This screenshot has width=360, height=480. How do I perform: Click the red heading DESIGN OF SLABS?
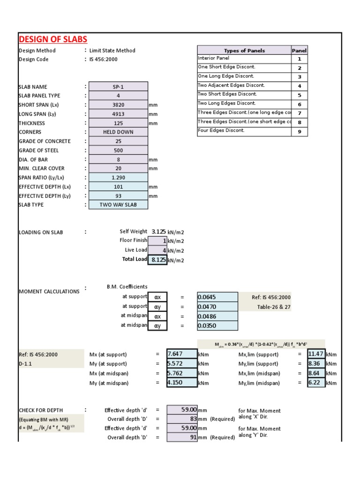click(52, 39)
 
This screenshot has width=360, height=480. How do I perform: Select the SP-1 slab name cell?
click(118, 87)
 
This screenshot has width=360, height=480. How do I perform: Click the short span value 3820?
click(118, 105)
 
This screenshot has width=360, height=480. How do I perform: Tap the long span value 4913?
click(118, 114)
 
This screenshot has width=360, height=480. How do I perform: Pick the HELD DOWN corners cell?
click(118, 132)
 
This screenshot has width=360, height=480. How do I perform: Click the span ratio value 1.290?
click(118, 178)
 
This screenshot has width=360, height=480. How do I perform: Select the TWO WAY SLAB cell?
click(118, 205)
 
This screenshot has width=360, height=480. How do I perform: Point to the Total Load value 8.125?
click(158, 260)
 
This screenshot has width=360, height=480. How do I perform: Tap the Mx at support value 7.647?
click(182, 354)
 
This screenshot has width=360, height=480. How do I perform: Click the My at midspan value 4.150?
click(182, 383)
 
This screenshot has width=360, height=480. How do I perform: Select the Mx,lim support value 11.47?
click(316, 354)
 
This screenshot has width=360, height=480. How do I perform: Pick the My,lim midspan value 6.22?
click(316, 383)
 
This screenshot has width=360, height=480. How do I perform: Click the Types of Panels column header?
click(244, 51)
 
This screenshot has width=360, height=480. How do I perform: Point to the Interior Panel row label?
click(214, 58)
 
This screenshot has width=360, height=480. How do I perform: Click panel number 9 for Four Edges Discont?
click(299, 132)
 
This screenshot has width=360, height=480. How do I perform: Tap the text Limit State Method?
click(112, 51)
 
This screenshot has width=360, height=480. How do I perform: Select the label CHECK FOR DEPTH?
click(41, 410)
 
